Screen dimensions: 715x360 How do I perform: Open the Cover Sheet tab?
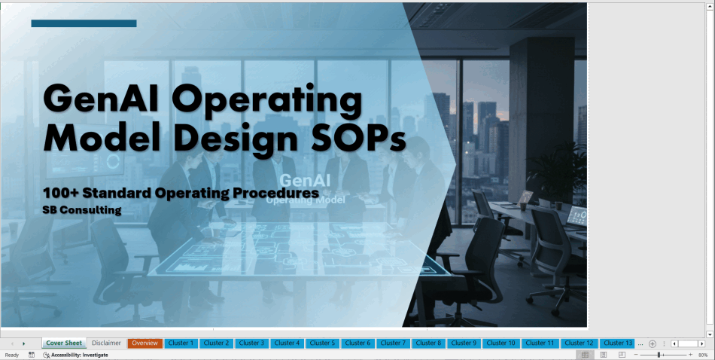click(64, 343)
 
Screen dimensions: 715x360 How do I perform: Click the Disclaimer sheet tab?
click(106, 343)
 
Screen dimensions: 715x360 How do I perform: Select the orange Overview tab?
click(145, 343)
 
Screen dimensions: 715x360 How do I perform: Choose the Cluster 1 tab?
click(181, 343)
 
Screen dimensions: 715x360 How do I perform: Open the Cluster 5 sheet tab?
click(322, 343)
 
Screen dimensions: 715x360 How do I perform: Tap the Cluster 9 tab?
click(464, 343)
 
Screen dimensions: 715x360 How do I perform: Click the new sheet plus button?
click(653, 343)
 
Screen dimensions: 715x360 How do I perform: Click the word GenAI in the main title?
click(101, 99)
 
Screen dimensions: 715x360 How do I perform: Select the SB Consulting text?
click(82, 210)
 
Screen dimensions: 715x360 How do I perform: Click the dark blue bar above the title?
click(84, 23)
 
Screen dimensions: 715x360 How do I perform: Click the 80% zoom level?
click(703, 355)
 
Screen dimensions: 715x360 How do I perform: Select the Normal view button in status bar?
click(585, 355)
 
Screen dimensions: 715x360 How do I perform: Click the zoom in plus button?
click(690, 355)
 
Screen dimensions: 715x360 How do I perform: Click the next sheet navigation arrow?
click(24, 343)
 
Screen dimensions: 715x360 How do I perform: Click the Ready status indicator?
click(12, 355)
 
